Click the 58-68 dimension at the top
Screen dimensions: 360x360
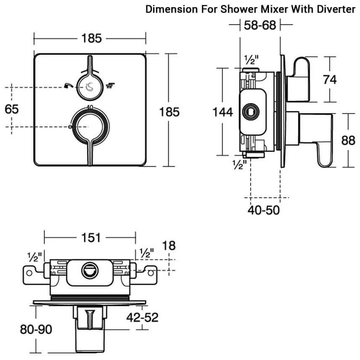[x=260, y=25]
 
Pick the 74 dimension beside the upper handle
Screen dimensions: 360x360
[x=330, y=79]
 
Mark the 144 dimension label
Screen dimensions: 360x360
[x=222, y=112]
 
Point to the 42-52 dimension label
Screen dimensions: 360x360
[x=143, y=318]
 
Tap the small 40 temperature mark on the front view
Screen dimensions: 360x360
[x=89, y=107]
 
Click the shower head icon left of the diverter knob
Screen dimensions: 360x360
[x=68, y=87]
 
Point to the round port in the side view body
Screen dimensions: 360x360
[x=250, y=112]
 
